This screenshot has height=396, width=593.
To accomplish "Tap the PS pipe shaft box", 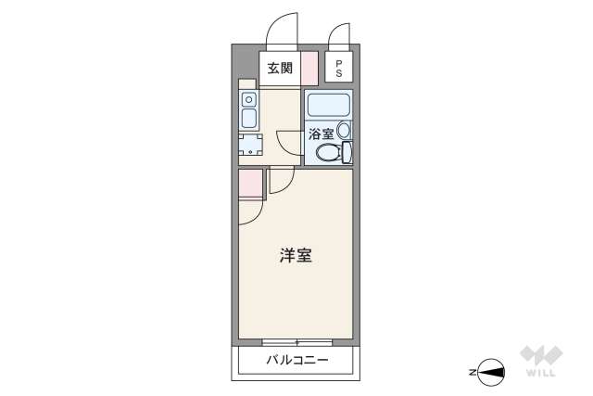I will pos(338,68).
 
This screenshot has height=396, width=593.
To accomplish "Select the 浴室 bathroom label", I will pos(321,134).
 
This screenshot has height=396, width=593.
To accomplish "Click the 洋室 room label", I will pos(295,255).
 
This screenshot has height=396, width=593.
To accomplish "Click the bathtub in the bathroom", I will pos(329,105).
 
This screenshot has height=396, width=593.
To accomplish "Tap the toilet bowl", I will pos(326,153).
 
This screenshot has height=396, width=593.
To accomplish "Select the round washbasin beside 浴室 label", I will pos(344,132).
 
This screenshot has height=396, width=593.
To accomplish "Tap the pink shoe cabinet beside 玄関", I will pos(309,69).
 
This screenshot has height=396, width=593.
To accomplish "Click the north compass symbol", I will pos(490,372).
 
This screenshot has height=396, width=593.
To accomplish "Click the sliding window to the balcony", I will pos(296,342).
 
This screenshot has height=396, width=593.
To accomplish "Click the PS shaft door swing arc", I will pos(339,33).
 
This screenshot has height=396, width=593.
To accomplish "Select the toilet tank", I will pos(347,152).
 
